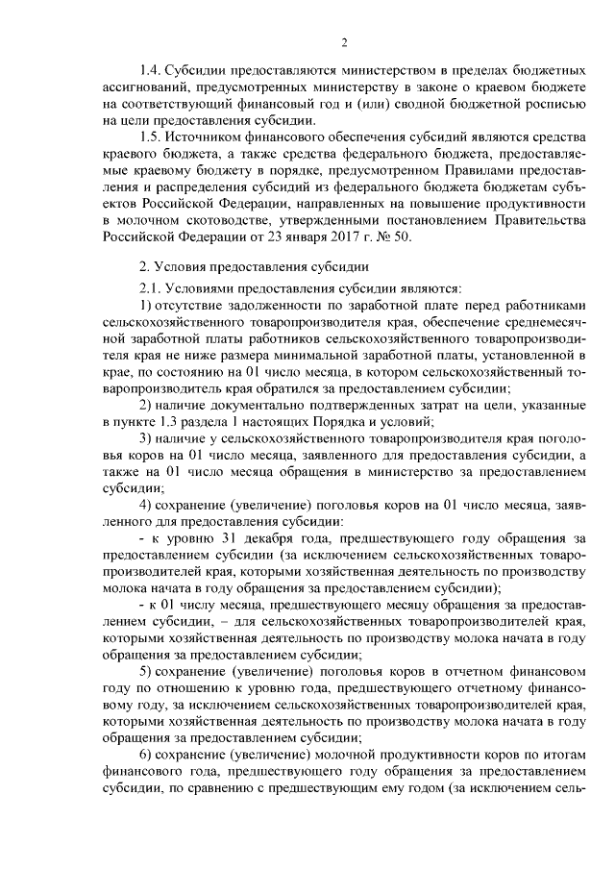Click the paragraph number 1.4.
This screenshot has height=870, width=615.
[151, 72]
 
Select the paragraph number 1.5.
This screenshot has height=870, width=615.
[151, 141]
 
